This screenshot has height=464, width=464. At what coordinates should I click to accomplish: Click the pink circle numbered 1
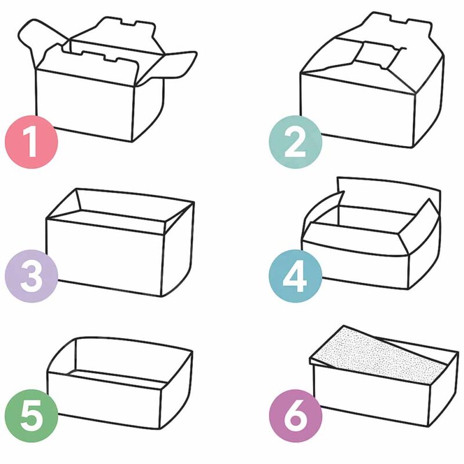coord(31,142)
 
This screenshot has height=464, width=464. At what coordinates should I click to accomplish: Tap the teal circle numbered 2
coord(295,142)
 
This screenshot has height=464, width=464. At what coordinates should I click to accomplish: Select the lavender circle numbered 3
coord(31,276)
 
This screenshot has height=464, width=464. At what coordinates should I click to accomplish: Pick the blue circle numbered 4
coord(295,276)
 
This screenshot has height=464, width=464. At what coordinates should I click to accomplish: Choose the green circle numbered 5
coord(31,415)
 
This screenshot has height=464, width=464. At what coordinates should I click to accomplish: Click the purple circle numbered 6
coord(295,415)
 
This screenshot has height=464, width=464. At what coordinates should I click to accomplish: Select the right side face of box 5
coord(176,390)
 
